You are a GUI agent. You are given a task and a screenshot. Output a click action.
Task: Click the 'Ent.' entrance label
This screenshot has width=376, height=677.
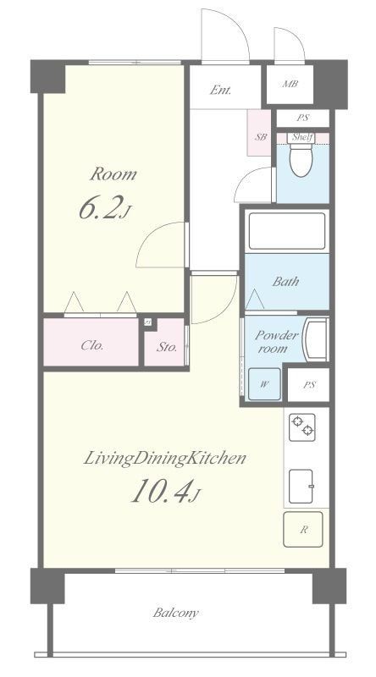click(221, 91)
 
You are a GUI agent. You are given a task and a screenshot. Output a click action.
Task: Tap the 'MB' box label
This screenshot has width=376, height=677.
click(290, 85)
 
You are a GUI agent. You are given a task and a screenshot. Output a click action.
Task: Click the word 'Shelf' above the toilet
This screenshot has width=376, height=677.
click(301, 137)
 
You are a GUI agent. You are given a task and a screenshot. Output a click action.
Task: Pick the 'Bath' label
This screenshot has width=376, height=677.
click(285, 283)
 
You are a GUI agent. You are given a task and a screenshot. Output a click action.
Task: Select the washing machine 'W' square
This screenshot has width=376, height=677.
click(265, 384)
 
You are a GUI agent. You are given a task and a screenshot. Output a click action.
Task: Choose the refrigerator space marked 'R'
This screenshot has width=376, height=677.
click(303, 531)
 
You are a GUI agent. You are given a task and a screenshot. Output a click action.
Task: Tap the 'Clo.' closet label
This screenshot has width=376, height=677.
click(92, 344)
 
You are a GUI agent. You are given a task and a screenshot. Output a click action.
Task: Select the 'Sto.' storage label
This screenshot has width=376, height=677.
click(166, 345)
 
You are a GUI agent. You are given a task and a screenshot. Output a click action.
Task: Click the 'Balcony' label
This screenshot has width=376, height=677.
click(177, 613)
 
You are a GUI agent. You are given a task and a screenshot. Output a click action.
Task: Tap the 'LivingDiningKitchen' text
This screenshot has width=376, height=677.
click(164, 459)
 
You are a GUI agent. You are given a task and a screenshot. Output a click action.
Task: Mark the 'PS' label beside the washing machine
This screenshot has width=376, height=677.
click(309, 384)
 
